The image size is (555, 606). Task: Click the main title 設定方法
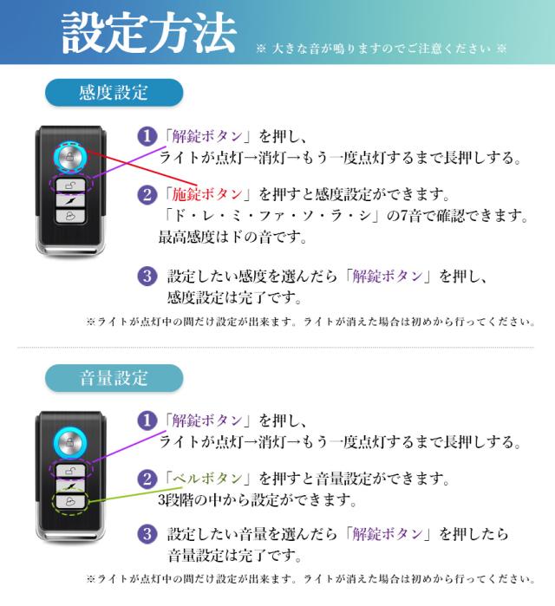tap(149, 32)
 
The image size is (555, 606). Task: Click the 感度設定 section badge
tap(114, 93)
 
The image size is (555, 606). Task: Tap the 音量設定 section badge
tap(114, 378)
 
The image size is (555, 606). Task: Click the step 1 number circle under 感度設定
tap(147, 136)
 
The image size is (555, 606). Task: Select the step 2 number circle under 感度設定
tap(147, 194)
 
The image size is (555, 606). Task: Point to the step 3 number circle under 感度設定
tap(147, 277)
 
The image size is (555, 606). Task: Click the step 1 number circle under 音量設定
tap(147, 420)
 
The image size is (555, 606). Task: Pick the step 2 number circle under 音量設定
tap(147, 479)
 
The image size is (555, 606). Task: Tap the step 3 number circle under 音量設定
tap(147, 534)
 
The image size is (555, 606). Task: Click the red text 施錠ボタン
tap(207, 194)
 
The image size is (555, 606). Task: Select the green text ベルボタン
tap(207, 479)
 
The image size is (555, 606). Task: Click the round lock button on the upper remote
tap(70, 157)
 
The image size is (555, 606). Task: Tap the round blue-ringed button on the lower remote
tap(70, 442)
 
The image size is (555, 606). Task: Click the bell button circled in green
tap(70, 501)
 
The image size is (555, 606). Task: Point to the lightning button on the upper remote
tap(70, 200)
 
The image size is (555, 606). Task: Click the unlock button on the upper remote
tap(70, 186)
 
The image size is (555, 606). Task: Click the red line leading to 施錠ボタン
tap(141, 168)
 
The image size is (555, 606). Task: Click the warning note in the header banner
tap(381, 49)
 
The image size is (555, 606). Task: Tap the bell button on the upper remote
tap(70, 216)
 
